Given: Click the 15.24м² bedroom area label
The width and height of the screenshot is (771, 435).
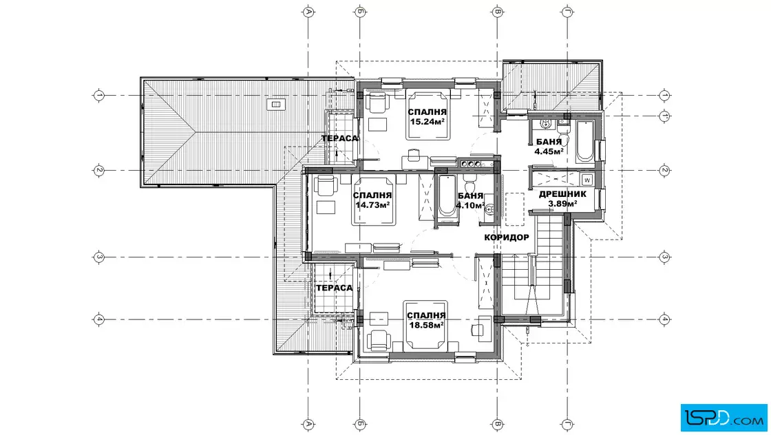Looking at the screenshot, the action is (427, 121).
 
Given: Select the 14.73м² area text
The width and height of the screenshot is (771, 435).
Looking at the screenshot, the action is (372, 205).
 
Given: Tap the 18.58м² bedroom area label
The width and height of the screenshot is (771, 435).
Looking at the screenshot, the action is (426, 325).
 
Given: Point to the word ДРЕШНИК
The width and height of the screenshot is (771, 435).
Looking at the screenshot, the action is (562, 194).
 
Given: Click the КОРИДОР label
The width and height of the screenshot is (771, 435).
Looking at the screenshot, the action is (507, 237).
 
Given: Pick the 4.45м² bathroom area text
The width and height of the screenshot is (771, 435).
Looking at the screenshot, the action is (549, 151).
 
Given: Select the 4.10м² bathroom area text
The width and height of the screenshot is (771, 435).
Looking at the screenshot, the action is (470, 206).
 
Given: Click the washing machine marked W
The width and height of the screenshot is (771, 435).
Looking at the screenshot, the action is (587, 180).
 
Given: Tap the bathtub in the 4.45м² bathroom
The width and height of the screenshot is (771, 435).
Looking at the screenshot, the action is (585, 142).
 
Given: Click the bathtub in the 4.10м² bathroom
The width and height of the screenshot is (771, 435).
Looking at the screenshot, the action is (447, 197).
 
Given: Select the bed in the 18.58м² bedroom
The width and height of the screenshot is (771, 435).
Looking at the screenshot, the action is (425, 324).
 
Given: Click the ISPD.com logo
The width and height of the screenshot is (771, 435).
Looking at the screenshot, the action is (724, 418).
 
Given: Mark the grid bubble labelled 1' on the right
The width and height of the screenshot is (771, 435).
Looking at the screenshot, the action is (664, 116).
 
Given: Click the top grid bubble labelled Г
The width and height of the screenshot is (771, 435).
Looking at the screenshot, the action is (567, 12).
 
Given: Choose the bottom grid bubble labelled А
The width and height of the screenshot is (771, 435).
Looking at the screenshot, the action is (308, 424).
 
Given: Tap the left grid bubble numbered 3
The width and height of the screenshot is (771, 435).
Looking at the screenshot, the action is (99, 257).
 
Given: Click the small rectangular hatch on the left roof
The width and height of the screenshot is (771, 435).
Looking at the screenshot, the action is (276, 104).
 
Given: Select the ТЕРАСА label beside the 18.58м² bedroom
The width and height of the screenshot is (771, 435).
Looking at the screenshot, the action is (335, 288).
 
